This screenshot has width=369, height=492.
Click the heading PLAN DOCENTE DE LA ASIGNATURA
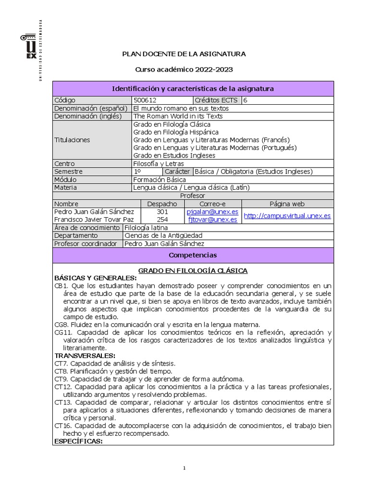click(x=184, y=54)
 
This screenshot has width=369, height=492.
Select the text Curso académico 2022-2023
click(x=184, y=70)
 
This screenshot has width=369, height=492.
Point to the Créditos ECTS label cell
click(x=217, y=100)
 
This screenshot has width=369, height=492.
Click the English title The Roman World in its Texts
click(x=178, y=116)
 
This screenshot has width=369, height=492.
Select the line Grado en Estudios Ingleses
click(x=174, y=155)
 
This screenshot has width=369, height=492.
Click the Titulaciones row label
click(x=72, y=140)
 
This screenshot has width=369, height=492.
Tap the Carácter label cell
click(x=177, y=172)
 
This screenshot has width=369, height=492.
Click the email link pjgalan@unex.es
click(x=213, y=212)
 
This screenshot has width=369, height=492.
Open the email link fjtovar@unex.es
click(x=213, y=220)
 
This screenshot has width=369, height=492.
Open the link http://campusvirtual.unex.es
click(x=287, y=216)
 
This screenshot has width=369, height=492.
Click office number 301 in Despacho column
click(x=162, y=212)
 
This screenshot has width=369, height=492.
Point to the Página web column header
click(x=287, y=204)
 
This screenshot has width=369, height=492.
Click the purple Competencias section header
click(x=193, y=255)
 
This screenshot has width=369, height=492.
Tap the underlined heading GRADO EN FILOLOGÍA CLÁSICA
click(x=193, y=271)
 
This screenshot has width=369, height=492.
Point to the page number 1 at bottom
click(x=184, y=468)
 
